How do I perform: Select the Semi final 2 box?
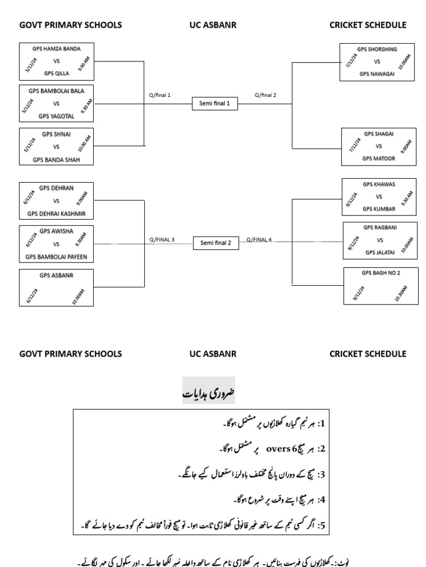click(x=215, y=243)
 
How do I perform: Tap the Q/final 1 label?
click(x=160, y=95)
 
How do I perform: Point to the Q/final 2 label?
click(x=265, y=95)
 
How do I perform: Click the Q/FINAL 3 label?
click(x=161, y=240)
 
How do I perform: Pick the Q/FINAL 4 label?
click(x=259, y=240)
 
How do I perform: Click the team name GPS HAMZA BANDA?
click(x=57, y=49)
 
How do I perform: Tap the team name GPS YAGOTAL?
click(x=57, y=116)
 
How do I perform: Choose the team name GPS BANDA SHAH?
click(x=57, y=160)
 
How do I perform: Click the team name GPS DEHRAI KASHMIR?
click(x=57, y=214)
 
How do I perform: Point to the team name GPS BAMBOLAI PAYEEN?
click(x=57, y=257)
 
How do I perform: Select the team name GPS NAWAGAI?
click(x=377, y=74)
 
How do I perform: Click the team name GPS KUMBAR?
click(x=379, y=209)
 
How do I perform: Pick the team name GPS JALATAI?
click(x=380, y=252)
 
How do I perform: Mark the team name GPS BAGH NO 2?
click(x=381, y=273)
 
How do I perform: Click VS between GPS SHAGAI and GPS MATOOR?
click(x=379, y=147)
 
